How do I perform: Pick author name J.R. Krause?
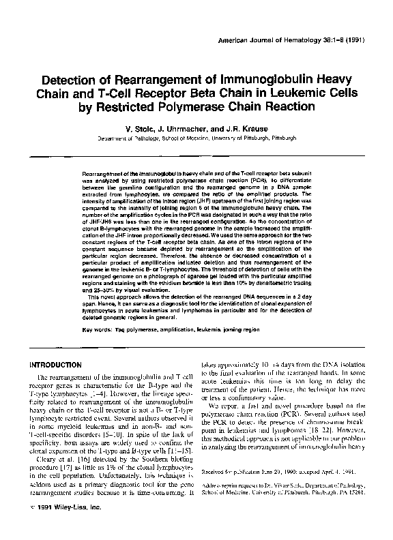click(x=239, y=127)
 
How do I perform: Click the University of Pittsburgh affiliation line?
click(x=196, y=137)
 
